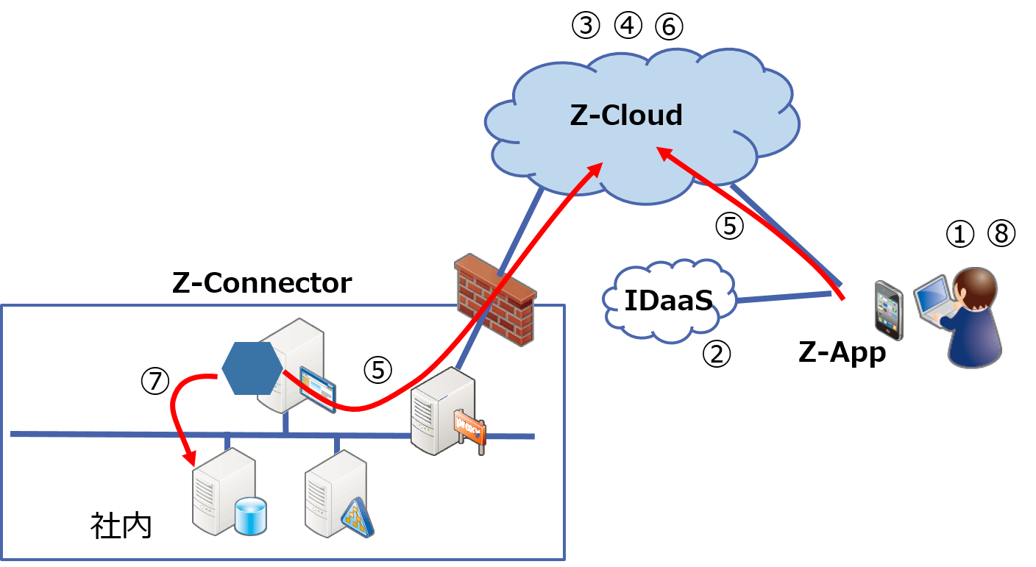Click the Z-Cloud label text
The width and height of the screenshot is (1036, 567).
click(x=626, y=115)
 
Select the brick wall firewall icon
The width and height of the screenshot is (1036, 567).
click(x=495, y=298)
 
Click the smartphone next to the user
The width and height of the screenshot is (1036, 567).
click(x=889, y=310)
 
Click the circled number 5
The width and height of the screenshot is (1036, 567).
click(x=378, y=371)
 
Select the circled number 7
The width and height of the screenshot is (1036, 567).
click(x=155, y=380)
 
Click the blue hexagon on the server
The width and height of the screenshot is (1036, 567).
click(x=252, y=368)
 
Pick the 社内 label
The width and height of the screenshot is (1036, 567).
click(x=121, y=526)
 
